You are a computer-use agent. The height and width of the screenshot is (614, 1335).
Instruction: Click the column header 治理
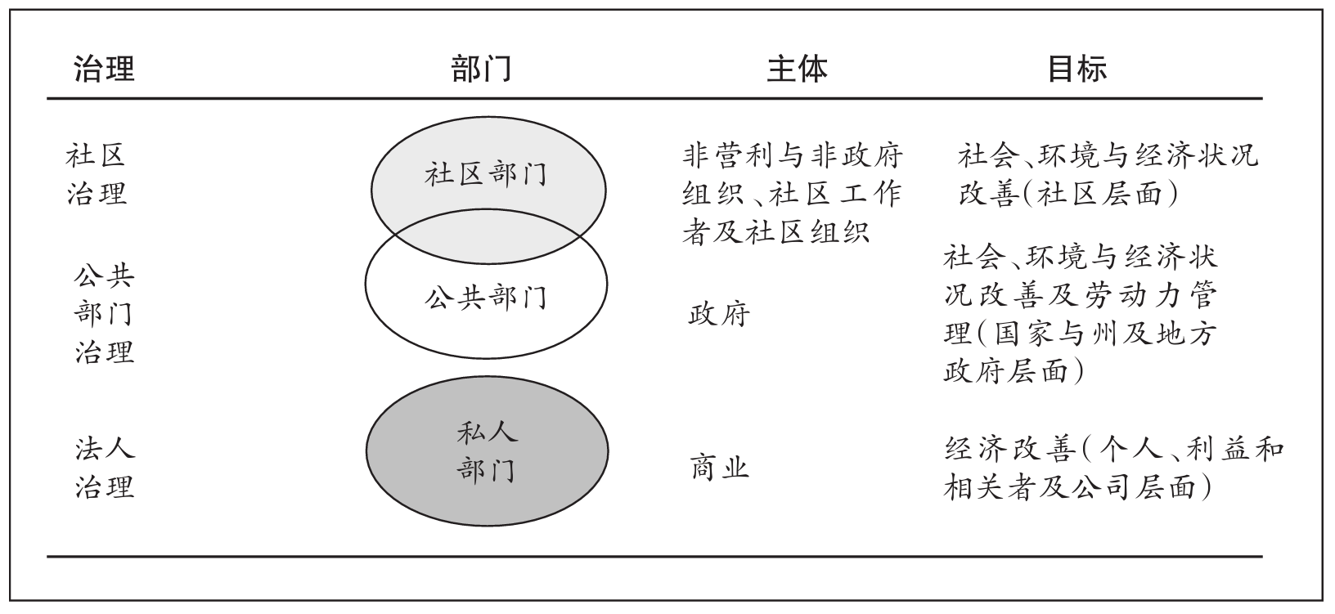[104, 69]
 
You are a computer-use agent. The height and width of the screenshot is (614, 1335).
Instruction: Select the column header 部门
[482, 69]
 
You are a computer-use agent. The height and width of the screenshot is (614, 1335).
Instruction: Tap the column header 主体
[797, 69]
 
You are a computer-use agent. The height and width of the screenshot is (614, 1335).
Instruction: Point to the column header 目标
[1077, 69]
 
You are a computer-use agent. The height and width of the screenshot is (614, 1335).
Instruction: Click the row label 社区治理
[97, 174]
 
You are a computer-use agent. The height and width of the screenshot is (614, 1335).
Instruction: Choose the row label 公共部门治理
[104, 314]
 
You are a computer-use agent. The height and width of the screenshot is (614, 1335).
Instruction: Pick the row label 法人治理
[104, 468]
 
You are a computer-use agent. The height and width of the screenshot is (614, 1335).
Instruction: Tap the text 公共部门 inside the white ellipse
[485, 298]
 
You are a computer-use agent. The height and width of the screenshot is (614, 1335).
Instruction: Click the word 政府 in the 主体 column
[719, 314]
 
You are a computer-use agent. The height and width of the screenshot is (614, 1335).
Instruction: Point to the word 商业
[719, 468]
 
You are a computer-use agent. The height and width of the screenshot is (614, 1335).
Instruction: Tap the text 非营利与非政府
[791, 155]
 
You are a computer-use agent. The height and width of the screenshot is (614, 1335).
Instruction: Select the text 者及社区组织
[775, 233]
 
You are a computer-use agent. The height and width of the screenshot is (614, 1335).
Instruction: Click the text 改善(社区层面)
[1068, 195]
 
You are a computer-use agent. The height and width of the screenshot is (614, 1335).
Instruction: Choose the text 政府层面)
[1014, 372]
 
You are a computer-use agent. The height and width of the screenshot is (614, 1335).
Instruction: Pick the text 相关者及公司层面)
[1077, 488]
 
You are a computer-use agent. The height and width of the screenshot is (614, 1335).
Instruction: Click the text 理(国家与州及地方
[1080, 334]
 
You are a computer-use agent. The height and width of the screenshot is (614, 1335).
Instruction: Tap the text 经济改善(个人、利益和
[1113, 450]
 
